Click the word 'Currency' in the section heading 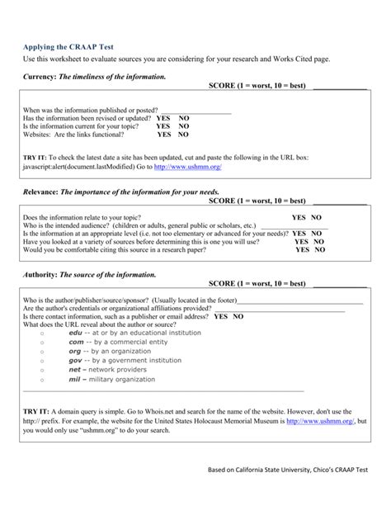[x=38, y=76]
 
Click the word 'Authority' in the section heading [x=40, y=274]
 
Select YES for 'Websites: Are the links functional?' [x=164, y=134]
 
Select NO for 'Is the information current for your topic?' [x=183, y=125]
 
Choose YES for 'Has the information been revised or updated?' [x=164, y=118]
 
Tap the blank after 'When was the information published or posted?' [x=195, y=111]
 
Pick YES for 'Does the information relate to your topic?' [x=299, y=218]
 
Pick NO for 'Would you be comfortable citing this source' [x=318, y=249]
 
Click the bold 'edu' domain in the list [x=75, y=333]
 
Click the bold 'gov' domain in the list [x=75, y=361]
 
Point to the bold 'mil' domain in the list [x=74, y=380]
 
